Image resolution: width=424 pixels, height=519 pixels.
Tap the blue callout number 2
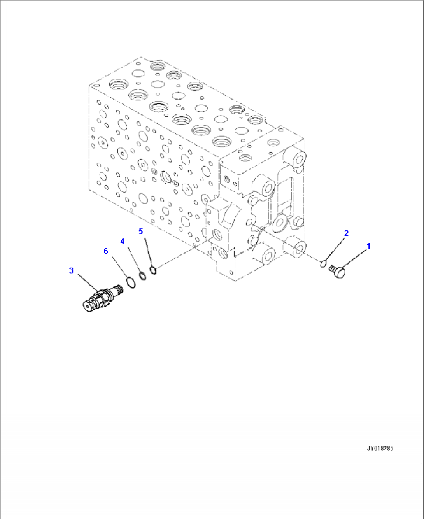pyautogui.click(x=346, y=233)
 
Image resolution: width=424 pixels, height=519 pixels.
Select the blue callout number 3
pyautogui.click(x=71, y=270)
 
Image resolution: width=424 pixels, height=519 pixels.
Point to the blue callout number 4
pyautogui.click(x=122, y=242)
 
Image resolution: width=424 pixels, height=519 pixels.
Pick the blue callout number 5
pyautogui.click(x=141, y=231)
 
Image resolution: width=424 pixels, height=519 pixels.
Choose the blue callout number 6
pyautogui.click(x=106, y=251)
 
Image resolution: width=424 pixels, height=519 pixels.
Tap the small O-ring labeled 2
pyautogui.click(x=322, y=265)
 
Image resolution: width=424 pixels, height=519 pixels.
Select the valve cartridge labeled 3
pyautogui.click(x=102, y=298)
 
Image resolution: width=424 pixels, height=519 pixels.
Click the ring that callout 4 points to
pyautogui.click(x=143, y=276)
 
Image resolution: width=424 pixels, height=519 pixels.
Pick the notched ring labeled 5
pyautogui.click(x=153, y=270)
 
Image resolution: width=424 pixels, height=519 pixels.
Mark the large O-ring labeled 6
pyautogui.click(x=131, y=282)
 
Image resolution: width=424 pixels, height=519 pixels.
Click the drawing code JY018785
pyautogui.click(x=380, y=449)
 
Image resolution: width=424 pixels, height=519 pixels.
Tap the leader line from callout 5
pyautogui.click(x=147, y=251)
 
